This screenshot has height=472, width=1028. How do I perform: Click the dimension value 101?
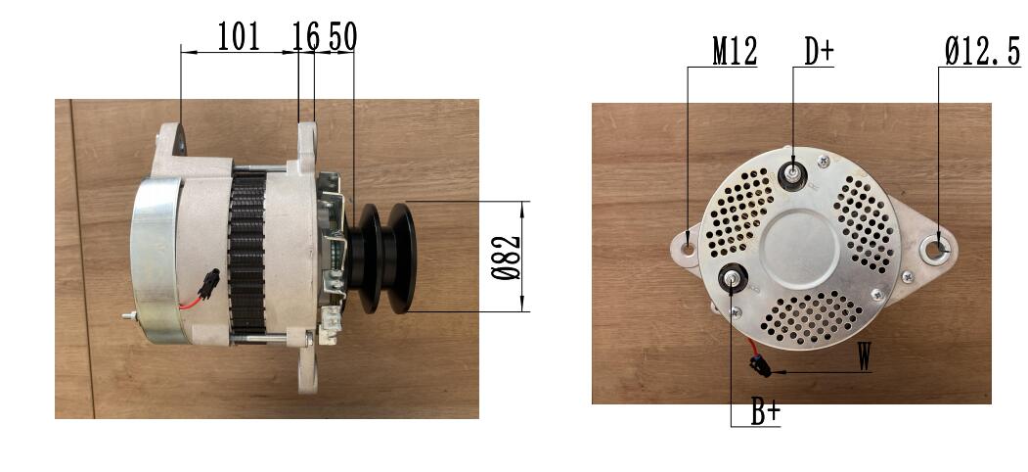[238, 36]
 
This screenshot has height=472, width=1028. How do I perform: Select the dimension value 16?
[305, 36]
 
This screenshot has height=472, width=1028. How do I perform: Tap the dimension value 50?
[343, 36]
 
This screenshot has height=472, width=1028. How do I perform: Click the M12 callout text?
[735, 51]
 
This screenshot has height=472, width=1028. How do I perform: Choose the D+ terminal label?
[819, 51]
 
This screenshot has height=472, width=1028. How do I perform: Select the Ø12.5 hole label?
[982, 51]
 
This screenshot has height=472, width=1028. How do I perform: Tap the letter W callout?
[865, 356]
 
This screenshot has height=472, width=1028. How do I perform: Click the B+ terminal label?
[765, 412]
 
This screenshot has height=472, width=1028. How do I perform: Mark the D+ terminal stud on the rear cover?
[793, 174]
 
